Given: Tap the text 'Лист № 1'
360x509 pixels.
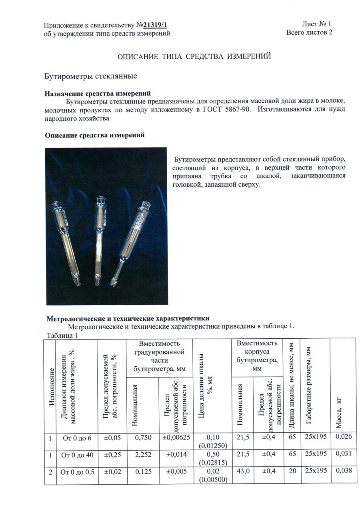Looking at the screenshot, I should (x=317, y=24).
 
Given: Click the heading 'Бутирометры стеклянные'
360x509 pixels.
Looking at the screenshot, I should (x=91, y=76).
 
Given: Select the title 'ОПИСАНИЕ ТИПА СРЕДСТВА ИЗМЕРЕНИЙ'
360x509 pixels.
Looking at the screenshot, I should (x=194, y=56).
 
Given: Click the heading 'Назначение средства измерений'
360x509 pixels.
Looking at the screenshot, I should (x=98, y=94).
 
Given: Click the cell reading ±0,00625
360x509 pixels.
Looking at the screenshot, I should (x=176, y=438).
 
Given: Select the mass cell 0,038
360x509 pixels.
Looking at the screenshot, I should (x=343, y=471).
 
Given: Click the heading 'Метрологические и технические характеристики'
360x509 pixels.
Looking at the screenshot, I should (x=128, y=319).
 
